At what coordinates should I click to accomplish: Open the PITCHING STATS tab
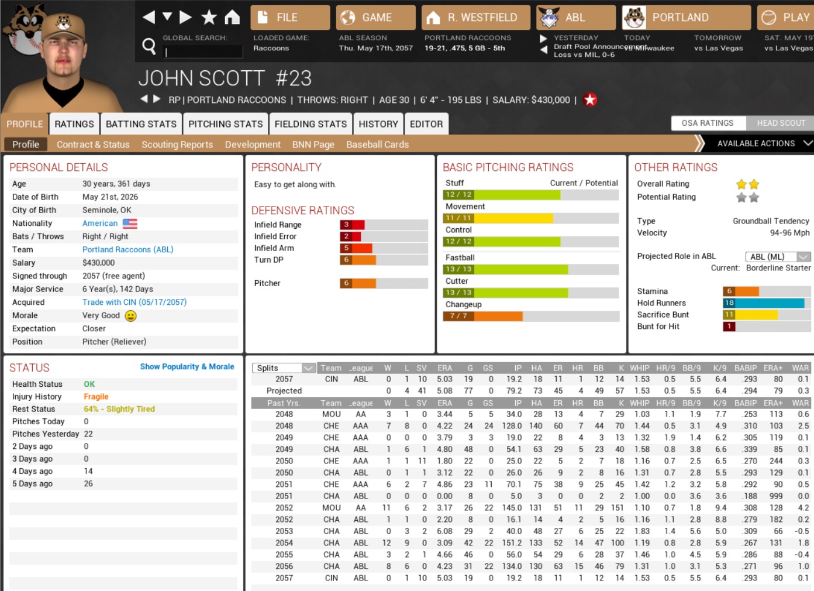click(x=225, y=124)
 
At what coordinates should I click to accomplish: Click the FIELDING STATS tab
click(x=311, y=124)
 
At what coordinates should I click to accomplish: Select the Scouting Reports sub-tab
click(x=177, y=145)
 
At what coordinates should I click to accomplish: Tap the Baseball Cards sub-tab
click(x=377, y=145)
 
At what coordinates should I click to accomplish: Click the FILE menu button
click(x=290, y=18)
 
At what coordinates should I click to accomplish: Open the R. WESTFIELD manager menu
click(x=475, y=18)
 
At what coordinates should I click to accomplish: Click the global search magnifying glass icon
click(x=149, y=46)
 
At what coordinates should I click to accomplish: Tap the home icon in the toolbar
click(x=232, y=18)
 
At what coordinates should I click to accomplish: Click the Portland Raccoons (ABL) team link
click(x=127, y=249)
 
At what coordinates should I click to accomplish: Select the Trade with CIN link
click(x=134, y=303)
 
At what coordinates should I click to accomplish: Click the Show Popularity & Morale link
click(x=187, y=367)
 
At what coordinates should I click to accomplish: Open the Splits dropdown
click(x=284, y=368)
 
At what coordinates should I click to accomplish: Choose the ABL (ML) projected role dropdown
click(x=778, y=256)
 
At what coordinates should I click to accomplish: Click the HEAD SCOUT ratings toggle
click(x=781, y=123)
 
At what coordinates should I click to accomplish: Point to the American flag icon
click(x=130, y=224)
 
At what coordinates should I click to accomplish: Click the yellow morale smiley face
click(x=130, y=316)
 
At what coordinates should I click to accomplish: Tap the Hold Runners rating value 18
click(x=729, y=303)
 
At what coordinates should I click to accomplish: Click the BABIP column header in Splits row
click(x=746, y=368)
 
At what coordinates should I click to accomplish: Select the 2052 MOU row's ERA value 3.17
click(x=444, y=508)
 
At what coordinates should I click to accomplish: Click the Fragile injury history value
click(x=96, y=397)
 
